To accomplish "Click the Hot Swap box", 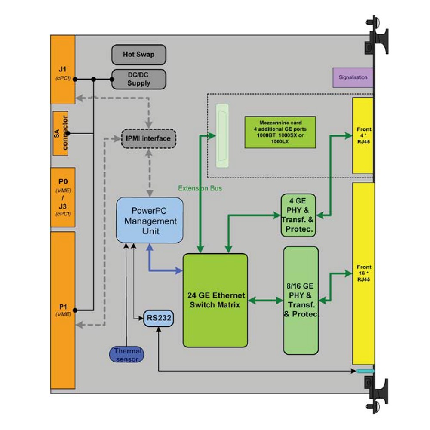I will (x=138, y=55).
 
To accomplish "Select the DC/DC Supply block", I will (x=138, y=79).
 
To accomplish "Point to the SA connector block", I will (x=61, y=133).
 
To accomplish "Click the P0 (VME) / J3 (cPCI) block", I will (x=63, y=197).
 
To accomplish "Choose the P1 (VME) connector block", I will (x=63, y=310).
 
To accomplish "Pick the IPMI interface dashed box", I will (x=149, y=138).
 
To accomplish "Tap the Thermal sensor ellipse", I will (x=127, y=355).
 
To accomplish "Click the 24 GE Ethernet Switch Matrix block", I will (x=215, y=300).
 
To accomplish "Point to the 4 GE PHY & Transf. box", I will (x=298, y=215).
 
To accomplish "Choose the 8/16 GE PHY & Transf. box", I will (x=301, y=300).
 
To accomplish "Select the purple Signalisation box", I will (x=353, y=77).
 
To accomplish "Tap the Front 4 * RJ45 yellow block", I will (x=363, y=135).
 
